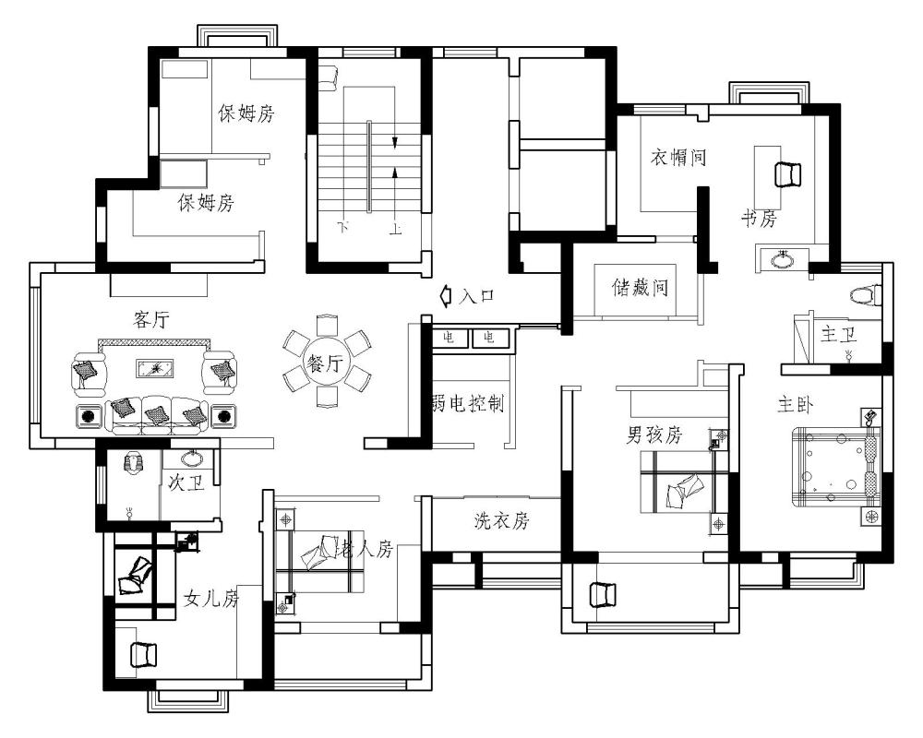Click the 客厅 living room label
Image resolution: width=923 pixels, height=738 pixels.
click(151, 319)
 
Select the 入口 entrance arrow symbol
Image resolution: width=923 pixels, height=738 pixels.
click(446, 294)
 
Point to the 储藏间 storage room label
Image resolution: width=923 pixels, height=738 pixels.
click(640, 288)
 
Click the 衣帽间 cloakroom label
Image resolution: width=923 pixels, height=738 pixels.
click(678, 157)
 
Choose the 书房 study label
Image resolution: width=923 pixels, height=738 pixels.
click(760, 219)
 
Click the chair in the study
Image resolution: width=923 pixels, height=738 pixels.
click(787, 174)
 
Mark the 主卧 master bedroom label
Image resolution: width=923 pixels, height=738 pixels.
click(796, 405)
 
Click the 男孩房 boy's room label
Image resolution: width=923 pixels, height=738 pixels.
click(654, 434)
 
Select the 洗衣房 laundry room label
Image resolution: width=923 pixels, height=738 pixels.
click(502, 520)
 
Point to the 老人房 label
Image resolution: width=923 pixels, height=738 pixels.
click(364, 550)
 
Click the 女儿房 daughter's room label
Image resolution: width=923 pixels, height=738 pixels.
click(211, 599)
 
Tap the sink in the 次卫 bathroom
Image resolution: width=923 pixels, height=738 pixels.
click(190, 458)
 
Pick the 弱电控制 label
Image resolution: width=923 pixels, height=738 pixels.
click(468, 404)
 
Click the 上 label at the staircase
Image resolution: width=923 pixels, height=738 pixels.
click(396, 229)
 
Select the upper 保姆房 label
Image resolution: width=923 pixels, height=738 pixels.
click(246, 113)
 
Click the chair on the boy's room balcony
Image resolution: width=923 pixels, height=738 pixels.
click(602, 594)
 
